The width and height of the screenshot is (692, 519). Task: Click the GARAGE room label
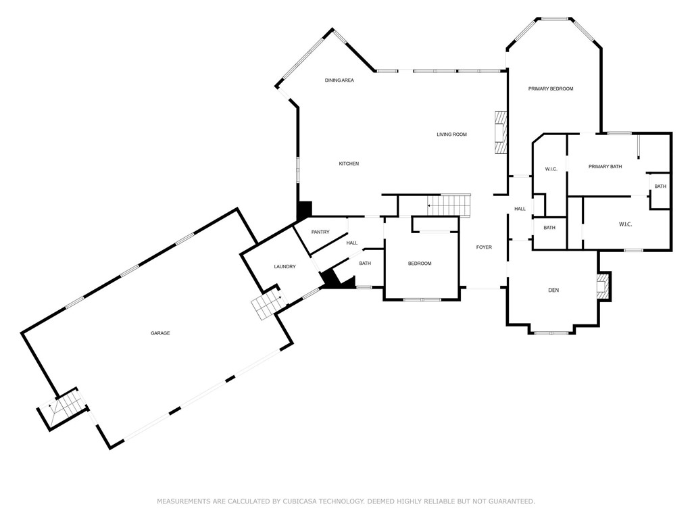click(x=160, y=333)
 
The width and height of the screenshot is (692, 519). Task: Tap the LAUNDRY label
click(x=285, y=267)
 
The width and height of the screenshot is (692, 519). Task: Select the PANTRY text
click(x=320, y=232)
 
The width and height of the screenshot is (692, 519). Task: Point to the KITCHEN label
click(x=349, y=164)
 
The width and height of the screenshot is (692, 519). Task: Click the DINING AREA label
click(x=339, y=80)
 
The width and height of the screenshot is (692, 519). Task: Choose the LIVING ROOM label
click(x=451, y=134)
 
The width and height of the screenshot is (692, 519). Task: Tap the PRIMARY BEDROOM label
click(x=551, y=89)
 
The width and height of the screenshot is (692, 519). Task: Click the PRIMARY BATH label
click(x=605, y=167)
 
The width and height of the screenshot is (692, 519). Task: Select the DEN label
click(x=553, y=291)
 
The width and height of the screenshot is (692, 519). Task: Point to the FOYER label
click(x=484, y=247)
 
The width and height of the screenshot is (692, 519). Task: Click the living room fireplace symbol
click(x=500, y=132)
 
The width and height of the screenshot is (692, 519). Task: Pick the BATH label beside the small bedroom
click(x=365, y=264)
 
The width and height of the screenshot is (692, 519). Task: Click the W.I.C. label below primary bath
click(x=625, y=224)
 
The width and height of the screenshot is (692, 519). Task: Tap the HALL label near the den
click(x=520, y=209)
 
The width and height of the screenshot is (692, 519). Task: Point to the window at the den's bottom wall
click(x=550, y=332)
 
